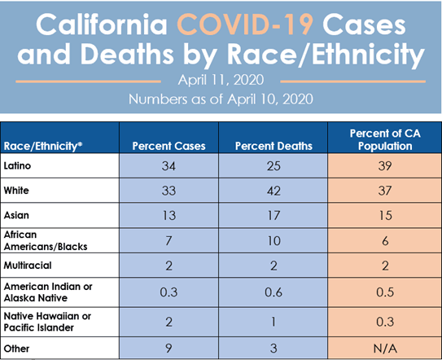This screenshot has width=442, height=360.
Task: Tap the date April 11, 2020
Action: pyautogui.click(x=221, y=81)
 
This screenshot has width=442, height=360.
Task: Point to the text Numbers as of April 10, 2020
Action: pyautogui.click(x=221, y=99)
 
